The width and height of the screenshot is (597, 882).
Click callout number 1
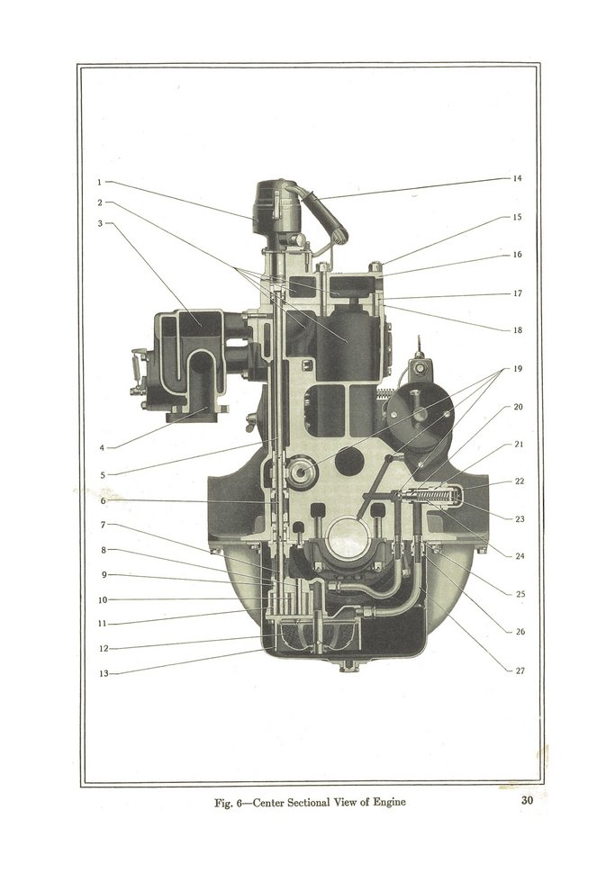click(100, 182)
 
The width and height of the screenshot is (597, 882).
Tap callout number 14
click(517, 178)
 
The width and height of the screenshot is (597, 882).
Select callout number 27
click(520, 670)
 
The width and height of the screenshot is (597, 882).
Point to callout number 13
click(104, 673)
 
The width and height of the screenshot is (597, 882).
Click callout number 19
click(518, 368)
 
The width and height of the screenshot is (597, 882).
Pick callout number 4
click(102, 448)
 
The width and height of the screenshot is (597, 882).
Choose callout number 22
click(520, 481)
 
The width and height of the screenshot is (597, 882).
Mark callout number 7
click(103, 525)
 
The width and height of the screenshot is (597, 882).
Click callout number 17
click(518, 293)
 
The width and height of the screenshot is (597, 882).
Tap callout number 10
click(103, 600)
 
